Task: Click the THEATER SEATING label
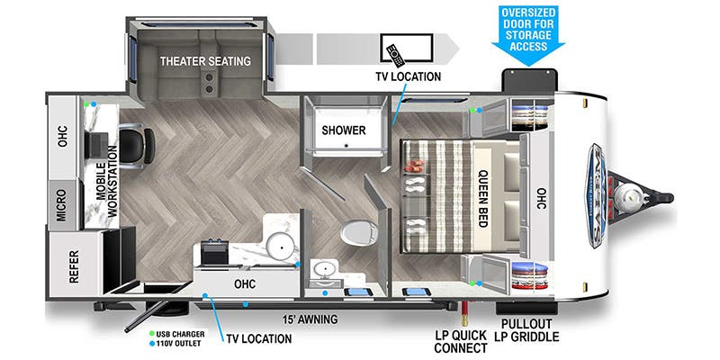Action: (x=205, y=62)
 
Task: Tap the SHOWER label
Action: (x=344, y=130)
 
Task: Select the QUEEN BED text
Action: (x=482, y=197)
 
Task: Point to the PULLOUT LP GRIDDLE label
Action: (x=528, y=329)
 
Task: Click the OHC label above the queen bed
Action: (x=540, y=196)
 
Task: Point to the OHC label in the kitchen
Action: (x=244, y=284)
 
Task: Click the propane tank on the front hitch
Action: (x=627, y=191)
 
